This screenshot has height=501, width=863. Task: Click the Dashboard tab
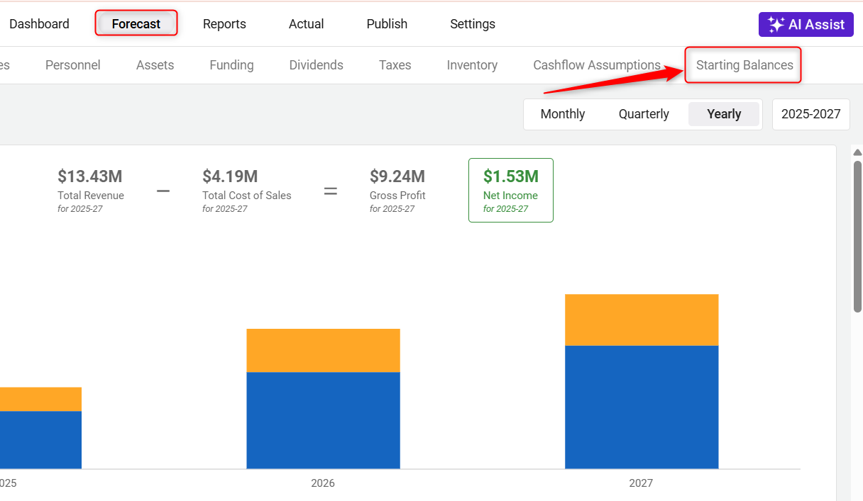point(39,24)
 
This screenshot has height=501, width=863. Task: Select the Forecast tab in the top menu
point(136,24)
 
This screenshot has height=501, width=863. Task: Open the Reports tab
point(224,24)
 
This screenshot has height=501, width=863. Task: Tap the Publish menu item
point(387,24)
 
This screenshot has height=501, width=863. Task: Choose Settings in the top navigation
point(473,24)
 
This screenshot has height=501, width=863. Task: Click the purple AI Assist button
point(806,24)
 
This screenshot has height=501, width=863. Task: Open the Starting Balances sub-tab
point(744,65)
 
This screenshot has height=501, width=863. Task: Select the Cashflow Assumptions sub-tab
point(597,65)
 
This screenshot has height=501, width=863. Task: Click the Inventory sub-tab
point(472,65)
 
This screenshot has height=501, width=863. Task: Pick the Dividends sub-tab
point(316,65)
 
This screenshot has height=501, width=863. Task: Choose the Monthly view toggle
point(563,114)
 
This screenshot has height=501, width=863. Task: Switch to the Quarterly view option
point(644,114)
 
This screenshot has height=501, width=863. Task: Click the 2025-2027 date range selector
point(811,114)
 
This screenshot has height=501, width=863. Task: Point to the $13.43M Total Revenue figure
point(90,176)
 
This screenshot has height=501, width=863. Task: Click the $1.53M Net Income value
point(511,176)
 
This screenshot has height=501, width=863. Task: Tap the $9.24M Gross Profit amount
point(397,176)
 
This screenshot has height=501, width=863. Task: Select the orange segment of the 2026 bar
point(323,350)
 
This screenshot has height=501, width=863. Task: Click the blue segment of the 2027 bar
point(642,407)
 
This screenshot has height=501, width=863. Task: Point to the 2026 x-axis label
point(323,483)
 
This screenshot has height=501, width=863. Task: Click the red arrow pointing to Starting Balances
point(610,80)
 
